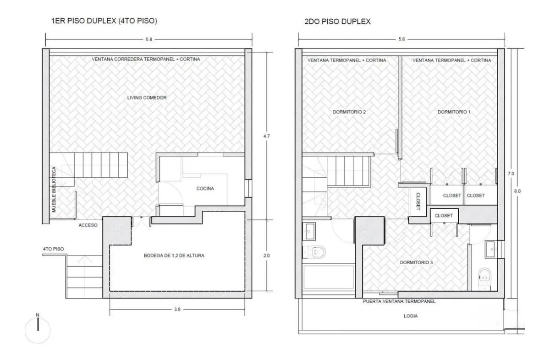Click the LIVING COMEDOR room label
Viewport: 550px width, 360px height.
tap(147, 98)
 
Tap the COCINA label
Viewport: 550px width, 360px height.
tap(205, 188)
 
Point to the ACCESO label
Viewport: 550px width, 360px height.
tap(88, 225)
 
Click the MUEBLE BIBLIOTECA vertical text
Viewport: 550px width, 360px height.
tap(54, 189)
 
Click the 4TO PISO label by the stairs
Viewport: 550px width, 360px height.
tap(53, 249)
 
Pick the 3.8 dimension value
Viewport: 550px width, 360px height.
tap(178, 310)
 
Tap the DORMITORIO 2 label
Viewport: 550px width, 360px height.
tap(349, 112)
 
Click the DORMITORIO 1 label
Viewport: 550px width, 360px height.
tap(454, 112)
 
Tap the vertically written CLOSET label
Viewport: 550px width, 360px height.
tap(418, 200)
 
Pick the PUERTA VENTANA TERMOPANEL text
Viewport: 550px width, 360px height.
tap(399, 302)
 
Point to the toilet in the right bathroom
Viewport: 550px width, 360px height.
tap(484, 276)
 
